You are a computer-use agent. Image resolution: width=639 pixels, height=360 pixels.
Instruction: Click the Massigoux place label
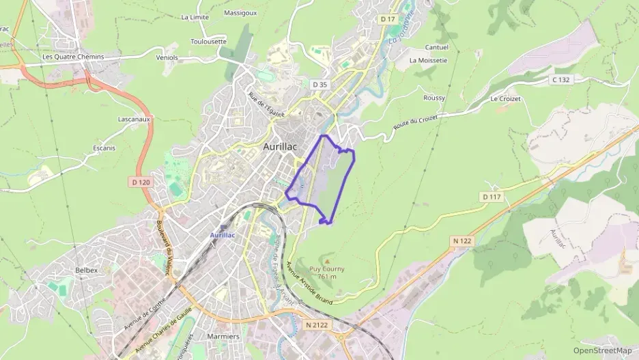coord(240,13)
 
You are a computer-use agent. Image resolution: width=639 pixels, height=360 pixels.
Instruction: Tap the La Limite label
coord(195,18)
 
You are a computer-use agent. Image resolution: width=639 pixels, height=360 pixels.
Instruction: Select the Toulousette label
coord(208,42)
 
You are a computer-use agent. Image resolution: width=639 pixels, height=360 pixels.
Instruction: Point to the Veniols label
coord(167,58)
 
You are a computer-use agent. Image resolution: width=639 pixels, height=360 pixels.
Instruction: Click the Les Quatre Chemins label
coord(73,57)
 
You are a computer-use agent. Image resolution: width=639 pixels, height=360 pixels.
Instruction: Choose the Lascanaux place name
coord(114,119)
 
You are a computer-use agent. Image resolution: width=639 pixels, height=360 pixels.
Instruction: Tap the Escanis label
coord(104,148)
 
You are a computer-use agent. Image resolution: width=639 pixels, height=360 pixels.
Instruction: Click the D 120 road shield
coord(140,182)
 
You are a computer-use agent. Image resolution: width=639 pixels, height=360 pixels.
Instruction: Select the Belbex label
coord(87,271)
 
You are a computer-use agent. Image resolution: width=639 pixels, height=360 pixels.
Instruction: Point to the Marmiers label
coord(227,336)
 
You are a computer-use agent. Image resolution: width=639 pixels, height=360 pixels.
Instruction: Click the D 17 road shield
coord(388,19)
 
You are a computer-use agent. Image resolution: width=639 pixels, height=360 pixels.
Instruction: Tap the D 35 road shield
coord(319,85)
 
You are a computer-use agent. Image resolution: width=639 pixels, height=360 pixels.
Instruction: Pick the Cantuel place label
coord(437,48)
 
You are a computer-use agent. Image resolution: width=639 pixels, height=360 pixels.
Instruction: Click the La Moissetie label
coord(428,60)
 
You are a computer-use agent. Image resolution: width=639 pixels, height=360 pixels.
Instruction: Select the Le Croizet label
coord(505,99)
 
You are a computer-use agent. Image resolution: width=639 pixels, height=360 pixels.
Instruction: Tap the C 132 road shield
coord(560,80)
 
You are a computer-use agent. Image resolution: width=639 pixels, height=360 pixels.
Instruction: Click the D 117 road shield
coord(491,197)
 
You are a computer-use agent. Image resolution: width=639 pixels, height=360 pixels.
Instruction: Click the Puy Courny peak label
coord(327,269)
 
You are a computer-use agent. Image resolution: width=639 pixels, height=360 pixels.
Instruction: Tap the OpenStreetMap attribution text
coord(602,350)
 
